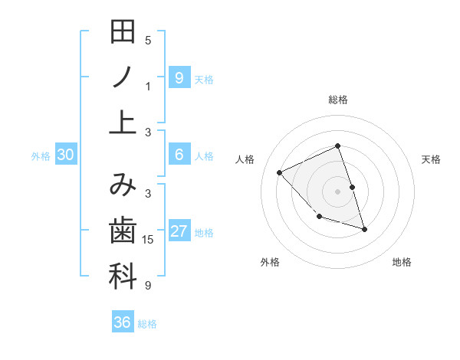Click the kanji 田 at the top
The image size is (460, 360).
[123, 33]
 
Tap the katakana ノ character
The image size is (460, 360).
[123, 77]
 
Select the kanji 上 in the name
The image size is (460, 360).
[123, 121]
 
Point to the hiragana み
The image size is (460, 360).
[123, 187]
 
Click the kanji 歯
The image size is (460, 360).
[123, 231]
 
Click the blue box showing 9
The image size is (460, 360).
[179, 77]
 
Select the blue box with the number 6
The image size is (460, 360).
[179, 155]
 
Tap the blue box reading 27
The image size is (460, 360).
[179, 231]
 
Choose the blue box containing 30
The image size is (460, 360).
[65, 155]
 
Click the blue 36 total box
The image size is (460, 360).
[122, 322]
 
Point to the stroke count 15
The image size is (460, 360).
[148, 240]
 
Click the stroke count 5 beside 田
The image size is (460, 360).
[148, 40]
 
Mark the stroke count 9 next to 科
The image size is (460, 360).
[148, 286]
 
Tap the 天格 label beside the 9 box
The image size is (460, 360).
[204, 79]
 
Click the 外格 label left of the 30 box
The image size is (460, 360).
[41, 156]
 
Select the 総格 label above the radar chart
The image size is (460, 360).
[337, 100]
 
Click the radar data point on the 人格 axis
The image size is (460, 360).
[280, 172]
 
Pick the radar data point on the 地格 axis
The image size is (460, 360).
[364, 228]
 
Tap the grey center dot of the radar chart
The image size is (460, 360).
[337, 191]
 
